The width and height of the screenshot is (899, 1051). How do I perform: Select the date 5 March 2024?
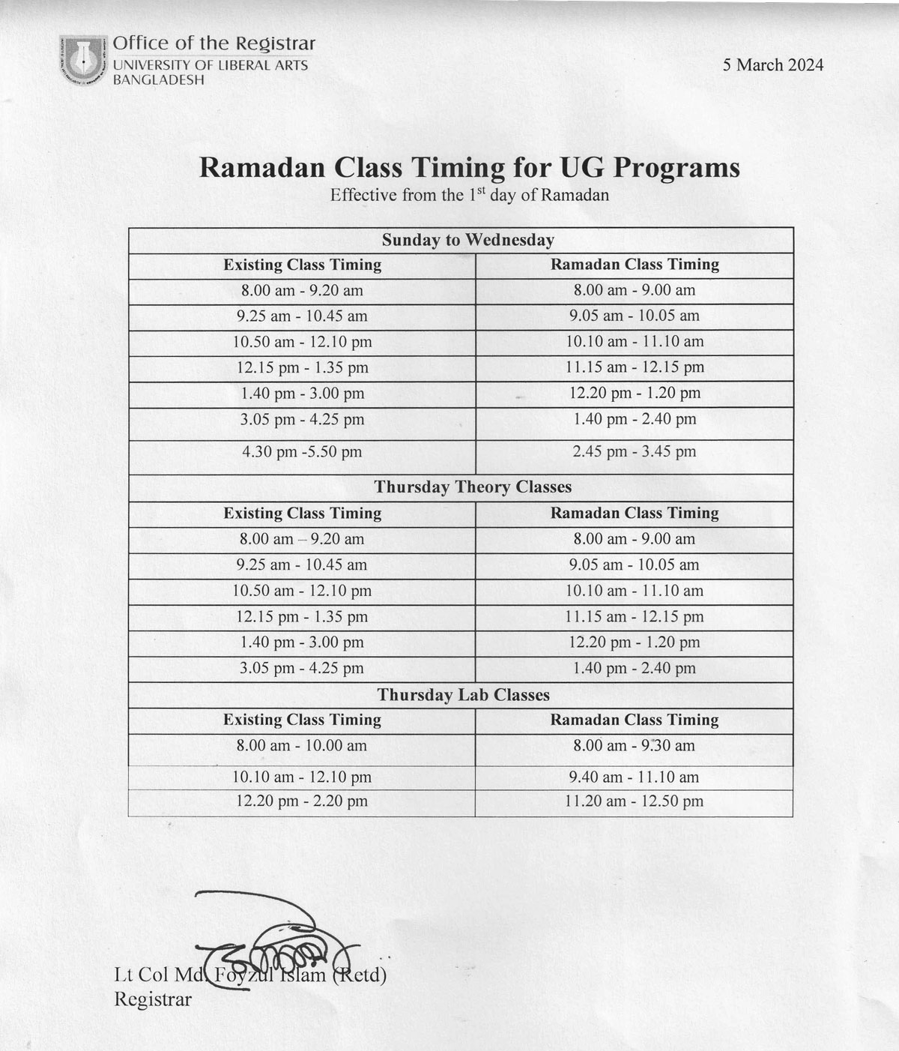(772, 65)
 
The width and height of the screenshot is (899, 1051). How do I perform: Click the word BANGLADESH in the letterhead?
(158, 79)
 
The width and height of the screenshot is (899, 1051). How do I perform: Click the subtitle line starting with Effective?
(469, 196)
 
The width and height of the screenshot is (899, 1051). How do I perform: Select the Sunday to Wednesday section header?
(468, 241)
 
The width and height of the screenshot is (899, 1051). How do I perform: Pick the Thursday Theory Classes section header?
(473, 487)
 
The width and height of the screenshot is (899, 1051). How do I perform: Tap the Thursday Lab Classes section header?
(463, 695)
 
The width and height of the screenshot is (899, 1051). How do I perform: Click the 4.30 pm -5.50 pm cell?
(302, 452)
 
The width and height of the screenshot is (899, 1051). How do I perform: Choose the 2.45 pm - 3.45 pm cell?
(634, 452)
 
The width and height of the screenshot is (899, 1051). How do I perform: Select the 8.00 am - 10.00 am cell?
(302, 746)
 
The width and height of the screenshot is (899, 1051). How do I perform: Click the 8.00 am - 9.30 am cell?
(634, 746)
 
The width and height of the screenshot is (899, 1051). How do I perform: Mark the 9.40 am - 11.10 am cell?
(634, 777)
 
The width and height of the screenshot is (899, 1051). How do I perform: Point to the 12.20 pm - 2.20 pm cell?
(302, 801)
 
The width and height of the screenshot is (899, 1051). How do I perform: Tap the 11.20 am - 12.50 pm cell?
(634, 801)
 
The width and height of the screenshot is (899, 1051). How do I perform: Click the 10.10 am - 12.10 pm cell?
(302, 777)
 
